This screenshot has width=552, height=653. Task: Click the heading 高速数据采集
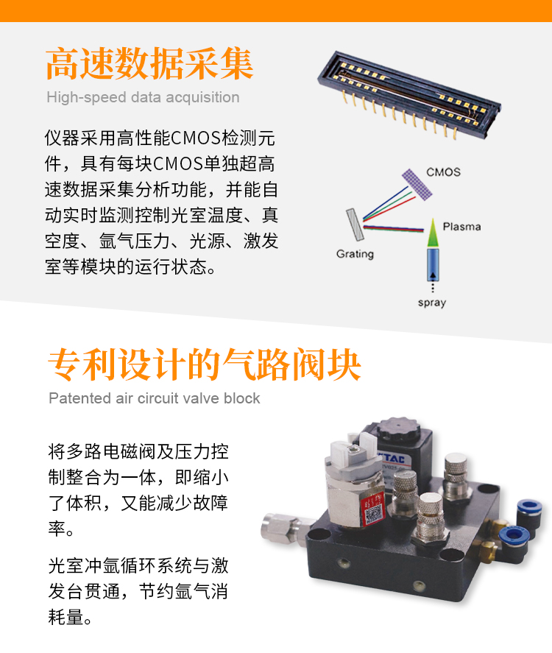[x=149, y=63]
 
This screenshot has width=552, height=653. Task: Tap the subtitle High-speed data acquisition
[x=143, y=97]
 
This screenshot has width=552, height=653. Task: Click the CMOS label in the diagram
[x=443, y=172]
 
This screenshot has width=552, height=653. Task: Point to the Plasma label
[x=461, y=227]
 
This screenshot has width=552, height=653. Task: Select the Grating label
[x=355, y=254]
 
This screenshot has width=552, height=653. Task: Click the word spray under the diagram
[x=432, y=303]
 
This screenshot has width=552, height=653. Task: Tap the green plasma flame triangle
[x=433, y=233]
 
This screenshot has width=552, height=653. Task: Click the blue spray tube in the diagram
[x=433, y=264]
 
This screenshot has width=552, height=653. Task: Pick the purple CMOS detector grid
[x=417, y=185]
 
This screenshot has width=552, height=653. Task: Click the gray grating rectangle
[x=355, y=225]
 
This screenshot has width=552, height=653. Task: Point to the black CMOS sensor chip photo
[x=409, y=95]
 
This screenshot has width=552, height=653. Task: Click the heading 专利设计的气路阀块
[x=204, y=365]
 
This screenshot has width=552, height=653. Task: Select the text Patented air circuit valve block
[x=154, y=398]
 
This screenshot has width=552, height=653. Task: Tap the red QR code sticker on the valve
[x=373, y=509]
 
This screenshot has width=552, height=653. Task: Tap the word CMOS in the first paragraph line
[x=196, y=138]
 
